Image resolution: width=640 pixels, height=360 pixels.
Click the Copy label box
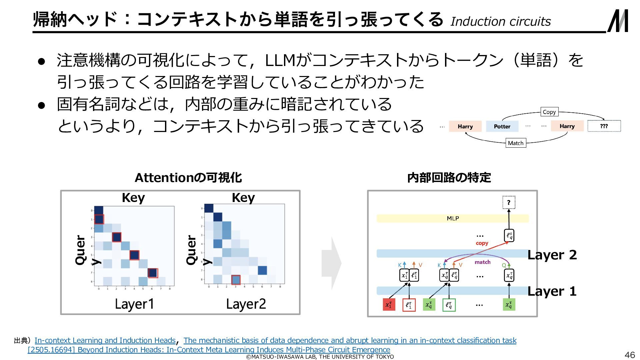549,112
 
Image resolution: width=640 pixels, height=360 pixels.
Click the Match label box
516,143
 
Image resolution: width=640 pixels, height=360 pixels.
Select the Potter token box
502,126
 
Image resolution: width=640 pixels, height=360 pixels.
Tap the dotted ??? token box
604,126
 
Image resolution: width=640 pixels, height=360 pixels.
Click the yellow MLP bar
452,218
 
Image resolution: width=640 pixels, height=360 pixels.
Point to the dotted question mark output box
509,202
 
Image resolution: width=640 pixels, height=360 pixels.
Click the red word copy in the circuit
482,243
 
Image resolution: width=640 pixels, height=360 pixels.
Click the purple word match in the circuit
482,262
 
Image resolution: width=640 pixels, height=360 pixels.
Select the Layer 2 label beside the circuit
552,255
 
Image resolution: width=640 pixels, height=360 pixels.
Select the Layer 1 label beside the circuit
552,291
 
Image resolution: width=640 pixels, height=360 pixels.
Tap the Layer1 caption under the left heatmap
134,304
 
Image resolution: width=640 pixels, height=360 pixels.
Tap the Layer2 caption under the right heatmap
246,304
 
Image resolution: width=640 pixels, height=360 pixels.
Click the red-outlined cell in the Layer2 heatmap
236,279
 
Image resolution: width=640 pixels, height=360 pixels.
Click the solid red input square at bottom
389,305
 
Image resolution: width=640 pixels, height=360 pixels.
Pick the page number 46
630,355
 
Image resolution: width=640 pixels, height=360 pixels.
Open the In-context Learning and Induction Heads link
105,340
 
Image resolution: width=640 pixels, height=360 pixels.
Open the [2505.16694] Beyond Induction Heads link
209,350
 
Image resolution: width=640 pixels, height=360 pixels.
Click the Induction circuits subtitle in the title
501,21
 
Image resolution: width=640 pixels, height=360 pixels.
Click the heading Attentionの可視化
188,177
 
